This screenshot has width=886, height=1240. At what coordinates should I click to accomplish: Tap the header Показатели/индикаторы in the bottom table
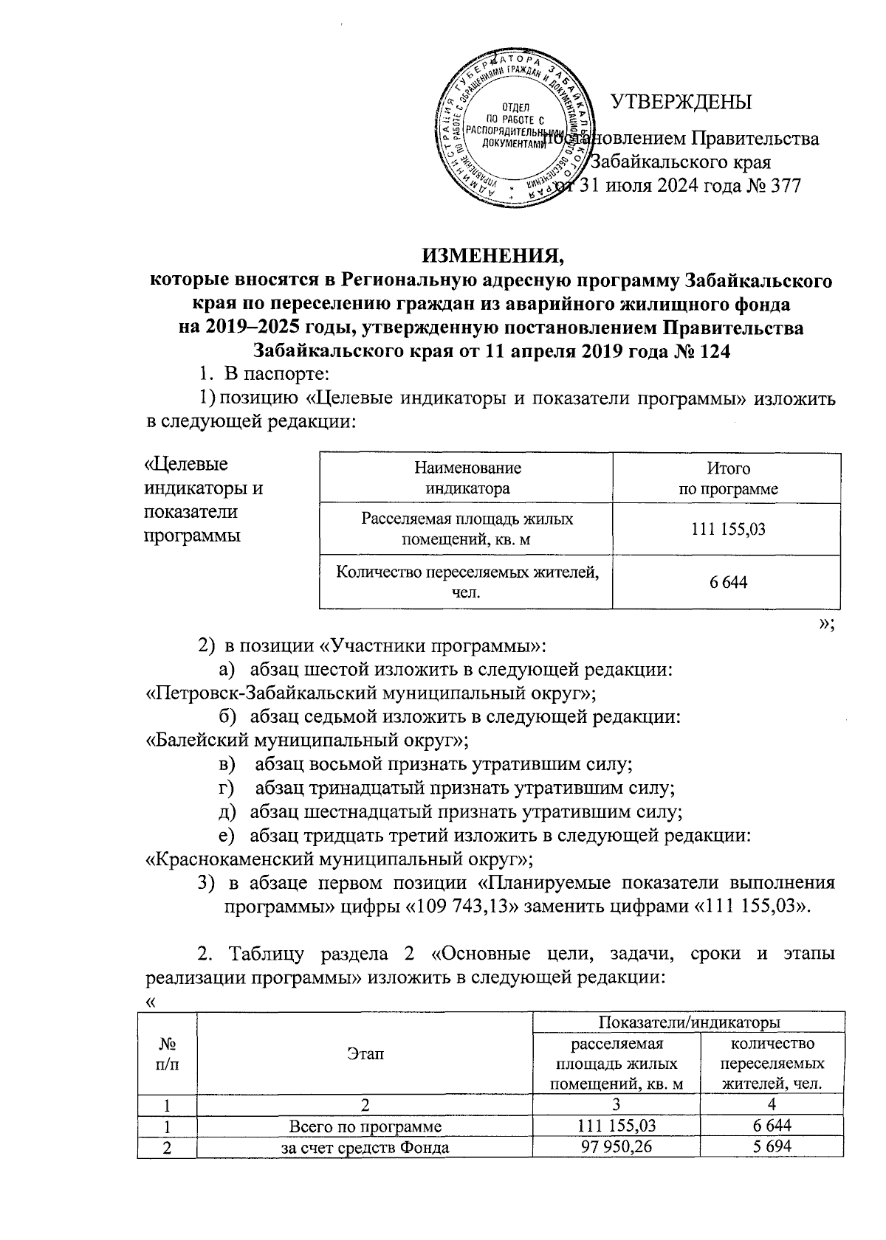[690, 1022]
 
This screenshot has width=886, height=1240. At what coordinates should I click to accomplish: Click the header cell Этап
[365, 1055]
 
